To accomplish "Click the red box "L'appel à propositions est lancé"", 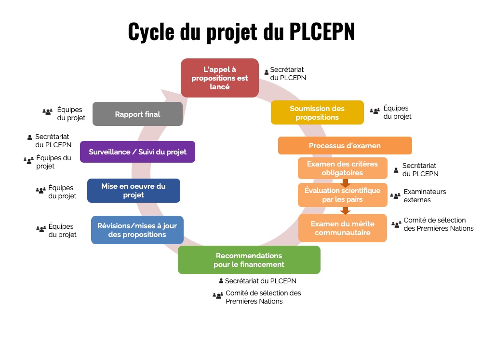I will click(220, 78).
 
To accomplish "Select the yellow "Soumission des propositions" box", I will click(317, 112).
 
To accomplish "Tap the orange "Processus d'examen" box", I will click(345, 145).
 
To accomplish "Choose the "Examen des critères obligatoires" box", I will click(342, 168).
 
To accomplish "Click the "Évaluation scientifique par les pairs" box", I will click(342, 195).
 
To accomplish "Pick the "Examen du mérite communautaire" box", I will click(342, 228).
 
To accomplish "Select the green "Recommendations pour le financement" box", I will click(249, 260).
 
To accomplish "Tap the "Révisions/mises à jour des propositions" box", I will click(137, 230).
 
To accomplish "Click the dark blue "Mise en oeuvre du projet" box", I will click(134, 191).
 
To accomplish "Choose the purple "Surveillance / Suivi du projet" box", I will click(137, 152).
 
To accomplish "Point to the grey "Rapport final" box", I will click(137, 114).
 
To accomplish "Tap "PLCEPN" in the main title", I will click(322, 32).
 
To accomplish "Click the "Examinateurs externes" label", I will click(424, 195).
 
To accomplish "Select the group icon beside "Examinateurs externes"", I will click(395, 196).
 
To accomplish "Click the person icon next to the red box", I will click(266, 72).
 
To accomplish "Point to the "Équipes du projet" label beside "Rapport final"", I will click(71, 113).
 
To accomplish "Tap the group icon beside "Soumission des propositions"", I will click(375, 111).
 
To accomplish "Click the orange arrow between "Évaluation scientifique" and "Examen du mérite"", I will click(345, 210).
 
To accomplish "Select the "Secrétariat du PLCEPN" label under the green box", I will click(260, 280).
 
